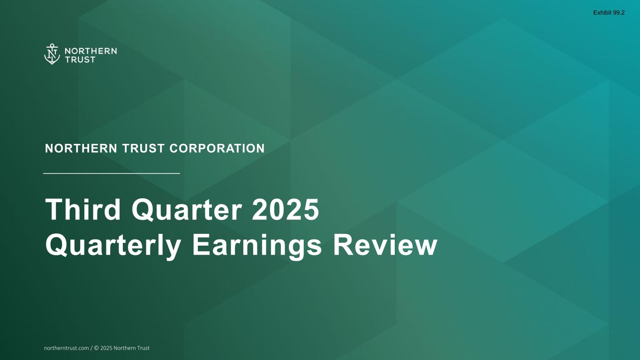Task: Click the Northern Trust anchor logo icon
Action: (x=52, y=54)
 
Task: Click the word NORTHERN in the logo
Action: (x=91, y=51)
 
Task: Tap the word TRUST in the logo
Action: (x=80, y=60)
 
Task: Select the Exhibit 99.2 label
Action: (x=609, y=13)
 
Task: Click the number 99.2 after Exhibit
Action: (x=619, y=13)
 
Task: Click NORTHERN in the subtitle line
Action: (x=81, y=149)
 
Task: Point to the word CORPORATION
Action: (x=217, y=149)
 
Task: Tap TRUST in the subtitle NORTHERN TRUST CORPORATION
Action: (x=143, y=149)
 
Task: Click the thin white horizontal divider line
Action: (x=112, y=173)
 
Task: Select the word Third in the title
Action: (x=83, y=210)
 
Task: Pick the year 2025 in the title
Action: (x=285, y=210)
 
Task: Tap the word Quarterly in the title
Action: (x=113, y=246)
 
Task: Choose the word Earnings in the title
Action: (x=257, y=246)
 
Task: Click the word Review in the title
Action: (x=385, y=245)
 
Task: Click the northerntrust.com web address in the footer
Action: (x=66, y=348)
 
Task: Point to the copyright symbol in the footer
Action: (x=96, y=348)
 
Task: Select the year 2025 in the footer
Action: (x=106, y=348)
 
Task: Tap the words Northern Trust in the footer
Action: (x=131, y=348)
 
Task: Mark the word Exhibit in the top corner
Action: (x=602, y=13)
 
